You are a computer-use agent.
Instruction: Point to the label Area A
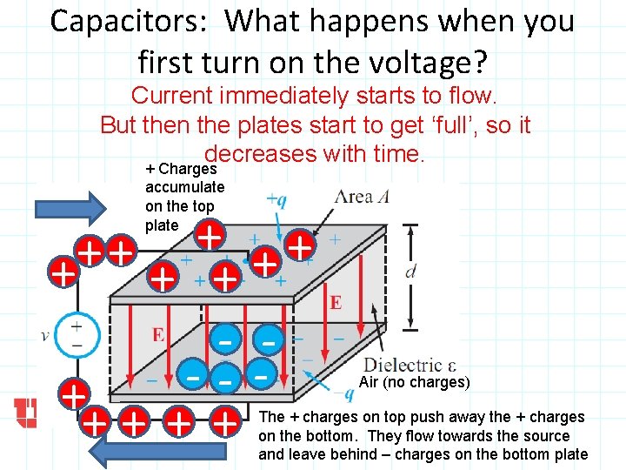[364, 197]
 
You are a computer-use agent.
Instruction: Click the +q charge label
[276, 199]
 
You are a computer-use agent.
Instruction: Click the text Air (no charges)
[414, 382]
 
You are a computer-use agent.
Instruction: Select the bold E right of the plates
[336, 302]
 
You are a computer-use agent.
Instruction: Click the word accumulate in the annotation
[184, 187]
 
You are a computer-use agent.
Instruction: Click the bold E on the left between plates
[158, 333]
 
